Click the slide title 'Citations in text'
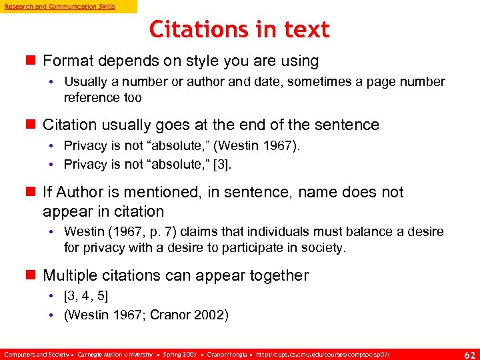pos(239,29)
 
